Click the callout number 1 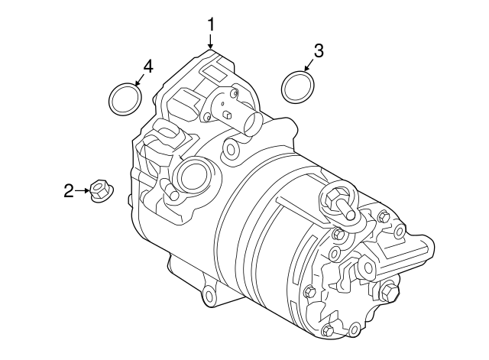(210, 25)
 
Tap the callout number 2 (68, 190)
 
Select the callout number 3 (319, 51)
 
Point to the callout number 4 (147, 66)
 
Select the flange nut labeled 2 (99, 191)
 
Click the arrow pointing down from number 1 (210, 41)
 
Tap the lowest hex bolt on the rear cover (328, 330)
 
